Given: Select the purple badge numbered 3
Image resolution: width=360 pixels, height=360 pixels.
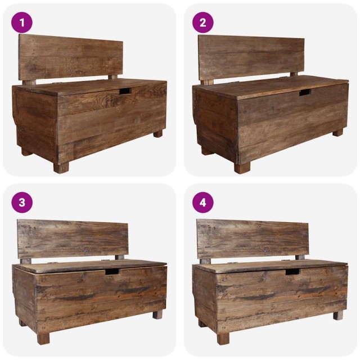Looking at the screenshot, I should (x=22, y=202).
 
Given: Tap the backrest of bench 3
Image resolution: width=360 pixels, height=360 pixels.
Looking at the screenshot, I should (x=72, y=238).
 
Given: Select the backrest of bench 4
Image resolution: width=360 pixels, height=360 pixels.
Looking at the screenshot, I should (x=253, y=238).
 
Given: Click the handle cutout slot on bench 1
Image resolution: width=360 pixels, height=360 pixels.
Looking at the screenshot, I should (x=124, y=91).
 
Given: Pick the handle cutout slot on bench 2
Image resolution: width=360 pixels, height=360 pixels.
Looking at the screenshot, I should (x=304, y=93).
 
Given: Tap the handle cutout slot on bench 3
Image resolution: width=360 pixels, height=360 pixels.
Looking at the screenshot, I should (x=112, y=272).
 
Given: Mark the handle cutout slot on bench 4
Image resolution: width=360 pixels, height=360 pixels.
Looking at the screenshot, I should (x=292, y=272).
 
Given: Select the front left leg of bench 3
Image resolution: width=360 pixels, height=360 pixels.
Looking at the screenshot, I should (x=43, y=338).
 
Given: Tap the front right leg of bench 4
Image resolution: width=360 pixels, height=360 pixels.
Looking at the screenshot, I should (x=338, y=315).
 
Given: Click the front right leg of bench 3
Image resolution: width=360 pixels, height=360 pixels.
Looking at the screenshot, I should (x=157, y=315).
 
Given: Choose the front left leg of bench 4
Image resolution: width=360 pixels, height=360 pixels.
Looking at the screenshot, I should (x=223, y=338).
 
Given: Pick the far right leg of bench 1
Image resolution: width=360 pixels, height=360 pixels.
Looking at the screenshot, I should (x=158, y=134).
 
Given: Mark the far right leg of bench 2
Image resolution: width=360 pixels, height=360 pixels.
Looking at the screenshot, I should (x=337, y=133).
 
